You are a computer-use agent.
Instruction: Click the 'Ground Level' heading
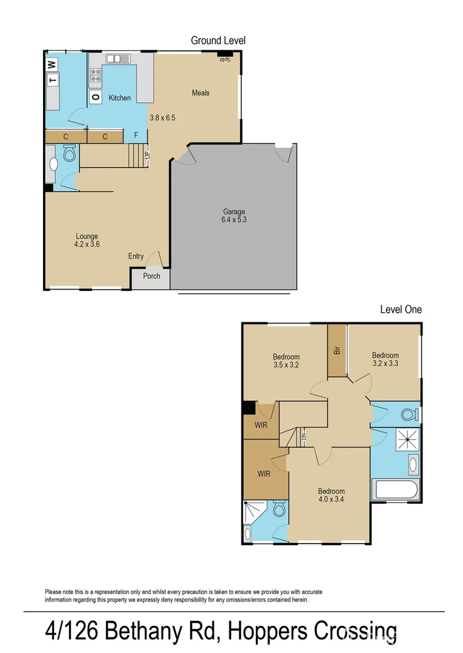(218, 41)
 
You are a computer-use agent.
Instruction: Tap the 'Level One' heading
(401, 309)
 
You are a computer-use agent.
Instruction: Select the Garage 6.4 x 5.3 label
(234, 216)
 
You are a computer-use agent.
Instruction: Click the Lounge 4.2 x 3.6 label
(87, 240)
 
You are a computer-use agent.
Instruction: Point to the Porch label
(151, 276)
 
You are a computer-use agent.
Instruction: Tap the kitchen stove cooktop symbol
(96, 75)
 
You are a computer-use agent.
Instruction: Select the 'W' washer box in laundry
(52, 64)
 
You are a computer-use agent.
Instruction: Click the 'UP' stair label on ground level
(147, 155)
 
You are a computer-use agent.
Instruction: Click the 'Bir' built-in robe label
(337, 351)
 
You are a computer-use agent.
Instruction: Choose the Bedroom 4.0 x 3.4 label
(331, 495)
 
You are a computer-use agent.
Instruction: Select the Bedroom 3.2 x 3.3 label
(386, 359)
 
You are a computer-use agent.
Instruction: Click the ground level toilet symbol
(70, 156)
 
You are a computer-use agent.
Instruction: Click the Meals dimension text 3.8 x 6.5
(162, 118)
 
